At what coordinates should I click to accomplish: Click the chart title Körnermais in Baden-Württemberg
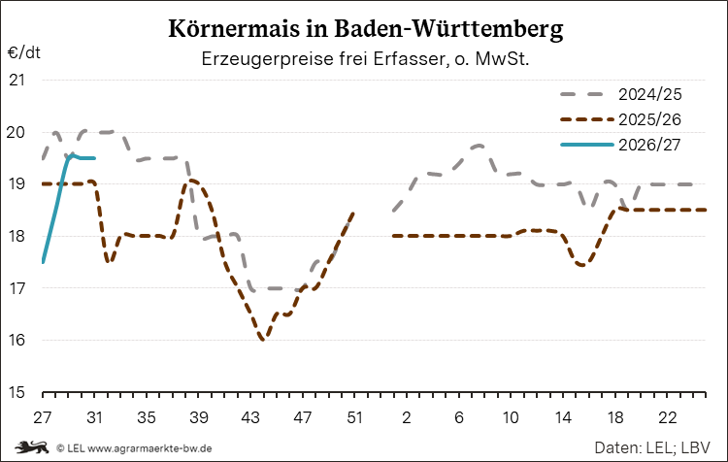(365, 29)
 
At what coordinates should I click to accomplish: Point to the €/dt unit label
(24, 52)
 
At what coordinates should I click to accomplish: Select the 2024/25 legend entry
(621, 94)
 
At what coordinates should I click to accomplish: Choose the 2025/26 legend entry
(621, 119)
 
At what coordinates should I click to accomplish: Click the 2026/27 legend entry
(621, 145)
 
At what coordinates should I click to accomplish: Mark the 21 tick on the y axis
(17, 80)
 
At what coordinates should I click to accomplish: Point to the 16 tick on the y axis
(17, 340)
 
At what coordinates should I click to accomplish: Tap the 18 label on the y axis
(17, 236)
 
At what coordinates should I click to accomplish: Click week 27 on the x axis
(43, 417)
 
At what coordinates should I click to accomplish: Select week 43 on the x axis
(250, 417)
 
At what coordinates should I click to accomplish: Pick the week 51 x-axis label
(354, 417)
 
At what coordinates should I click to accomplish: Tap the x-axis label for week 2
(407, 417)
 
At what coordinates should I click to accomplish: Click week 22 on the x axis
(667, 417)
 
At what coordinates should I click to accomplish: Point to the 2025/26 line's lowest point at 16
(263, 340)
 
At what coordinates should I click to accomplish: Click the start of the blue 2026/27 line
(43, 262)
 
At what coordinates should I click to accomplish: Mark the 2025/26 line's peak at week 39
(190, 180)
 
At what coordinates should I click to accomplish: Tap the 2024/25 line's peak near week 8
(480, 146)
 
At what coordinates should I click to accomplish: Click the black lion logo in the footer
(32, 447)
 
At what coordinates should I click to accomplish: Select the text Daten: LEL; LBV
(652, 447)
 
